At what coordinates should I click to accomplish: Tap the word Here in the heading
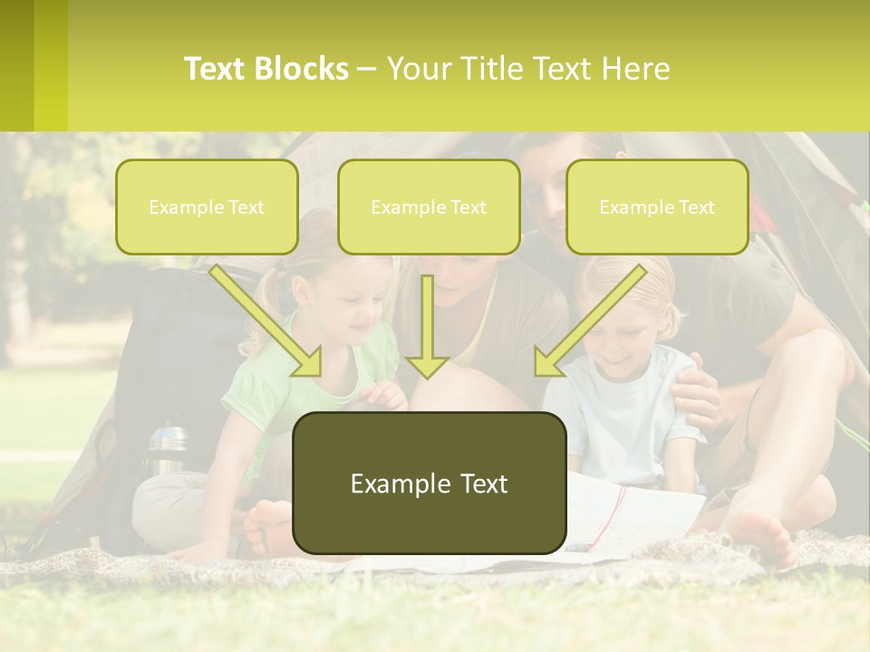tap(633, 69)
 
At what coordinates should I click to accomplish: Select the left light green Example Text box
tap(207, 206)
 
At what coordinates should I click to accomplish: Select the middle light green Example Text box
tap(429, 206)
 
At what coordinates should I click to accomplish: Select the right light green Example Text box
tap(657, 206)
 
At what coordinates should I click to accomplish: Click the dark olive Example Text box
tap(429, 483)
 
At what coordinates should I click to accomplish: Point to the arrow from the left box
tap(267, 321)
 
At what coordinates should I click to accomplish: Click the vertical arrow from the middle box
tap(427, 326)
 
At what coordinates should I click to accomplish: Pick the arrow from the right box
tap(589, 321)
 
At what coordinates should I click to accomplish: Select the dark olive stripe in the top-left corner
tap(16, 65)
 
